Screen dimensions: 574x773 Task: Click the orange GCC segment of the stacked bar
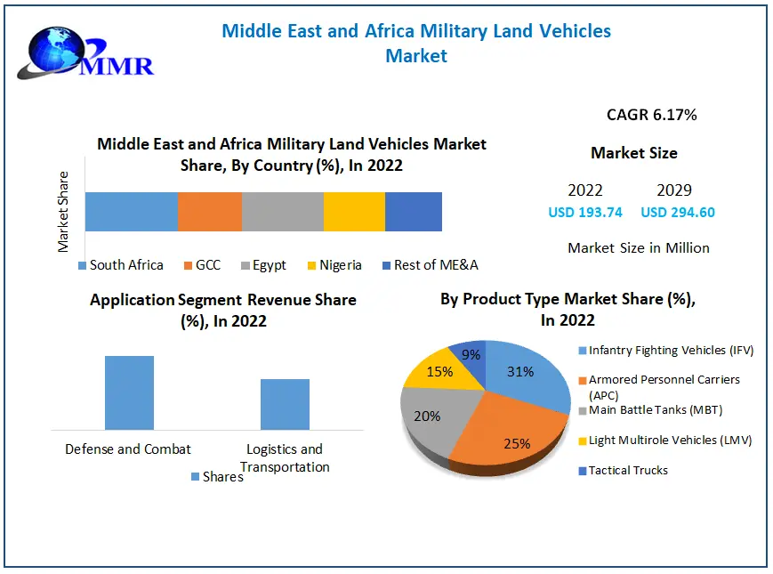point(210,212)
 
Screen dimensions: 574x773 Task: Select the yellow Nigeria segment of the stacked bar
point(354,212)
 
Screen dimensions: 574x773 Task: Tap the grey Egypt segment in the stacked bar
point(283,212)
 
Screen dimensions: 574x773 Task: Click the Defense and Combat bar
point(129,392)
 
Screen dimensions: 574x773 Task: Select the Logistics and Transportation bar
point(285,404)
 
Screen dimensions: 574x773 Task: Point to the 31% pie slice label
point(521,371)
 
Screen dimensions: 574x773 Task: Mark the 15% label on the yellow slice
point(439,371)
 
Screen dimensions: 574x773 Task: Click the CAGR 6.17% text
point(651,115)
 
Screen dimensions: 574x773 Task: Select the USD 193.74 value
point(585,213)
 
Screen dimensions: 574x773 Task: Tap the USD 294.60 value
point(678,213)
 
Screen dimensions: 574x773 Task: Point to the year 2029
point(674,190)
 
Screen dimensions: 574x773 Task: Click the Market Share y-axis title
point(64,212)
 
